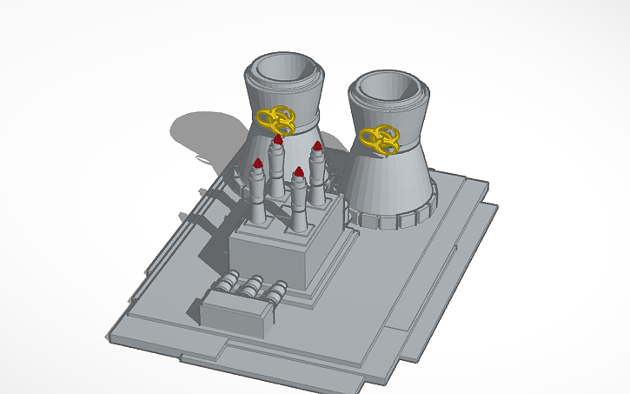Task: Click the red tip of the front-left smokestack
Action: point(258,164)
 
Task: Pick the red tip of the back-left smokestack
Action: point(278,139)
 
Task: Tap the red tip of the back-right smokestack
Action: point(317,146)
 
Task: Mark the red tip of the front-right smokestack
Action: point(298,171)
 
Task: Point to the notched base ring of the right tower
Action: point(391,214)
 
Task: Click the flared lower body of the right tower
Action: point(391,178)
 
